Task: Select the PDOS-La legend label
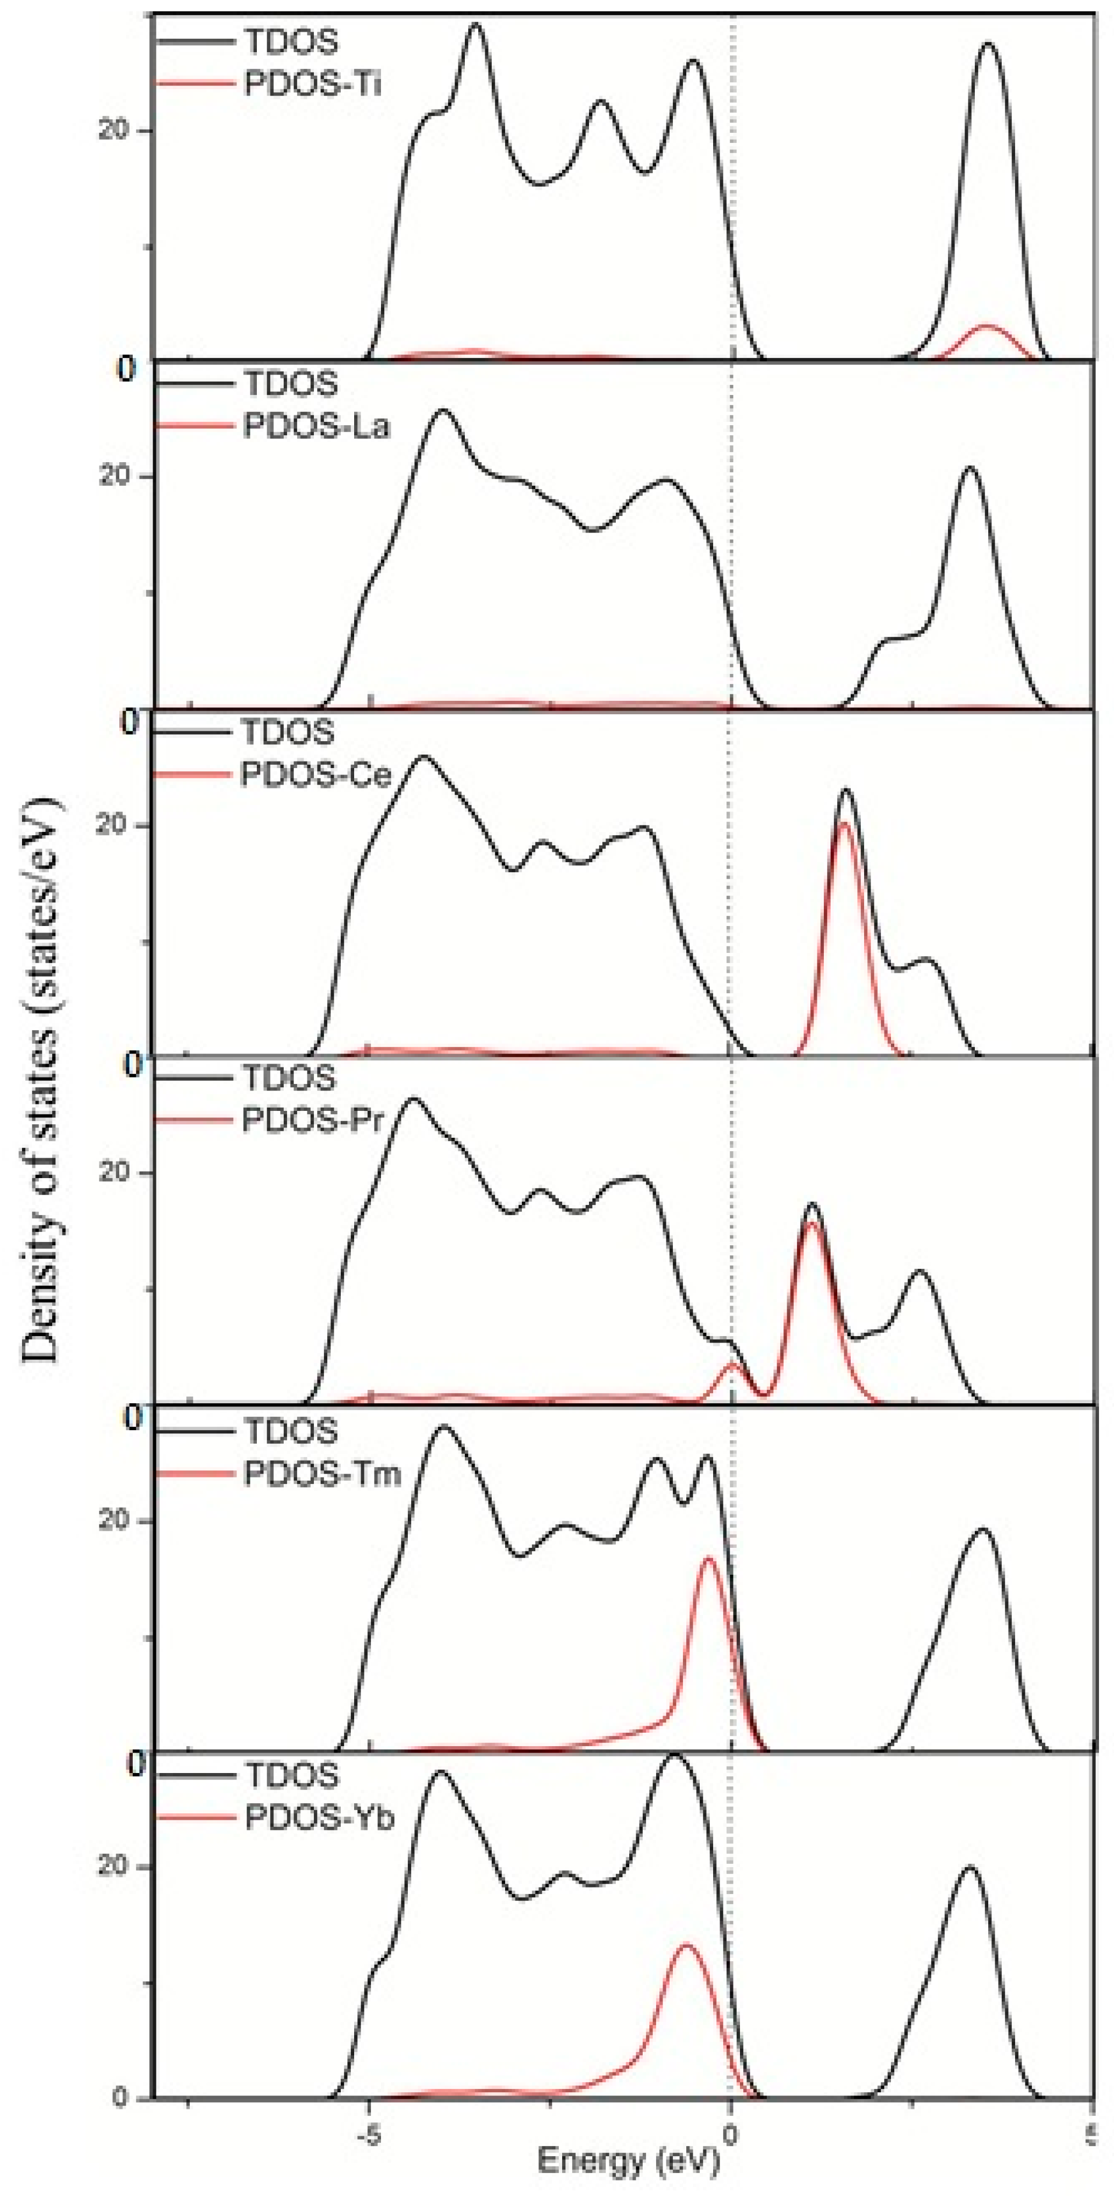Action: click(x=316, y=426)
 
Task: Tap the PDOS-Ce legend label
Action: click(x=315, y=775)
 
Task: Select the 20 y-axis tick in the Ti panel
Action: click(x=113, y=131)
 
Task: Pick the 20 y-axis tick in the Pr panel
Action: click(x=113, y=1172)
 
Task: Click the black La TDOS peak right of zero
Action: click(x=969, y=468)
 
